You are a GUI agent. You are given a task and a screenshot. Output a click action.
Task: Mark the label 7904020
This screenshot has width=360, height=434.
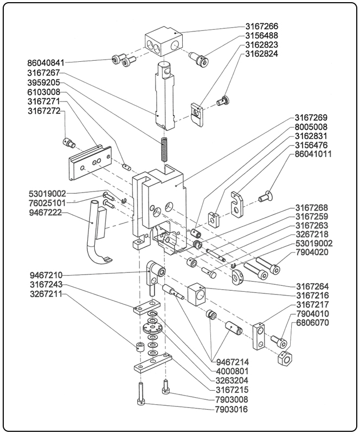coord(311,253)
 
